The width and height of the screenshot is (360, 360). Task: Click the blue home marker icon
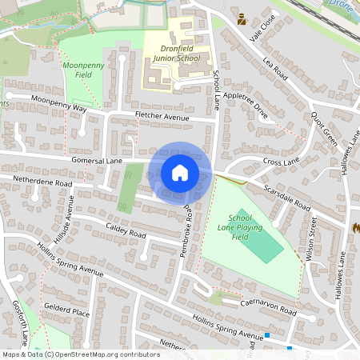180,173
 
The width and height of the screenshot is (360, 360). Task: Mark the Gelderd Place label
66,310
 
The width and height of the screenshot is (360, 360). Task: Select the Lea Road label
274,70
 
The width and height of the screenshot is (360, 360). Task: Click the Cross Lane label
280,162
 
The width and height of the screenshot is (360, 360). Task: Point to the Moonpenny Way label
58,104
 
